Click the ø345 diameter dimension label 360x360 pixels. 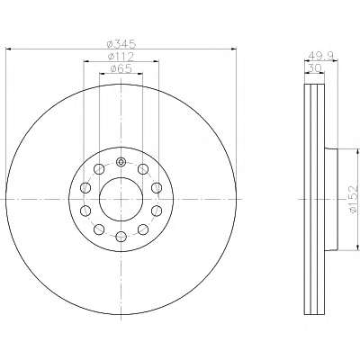121,44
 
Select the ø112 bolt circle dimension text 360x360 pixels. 121,57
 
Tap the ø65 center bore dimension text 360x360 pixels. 121,68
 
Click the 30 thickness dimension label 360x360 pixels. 314,68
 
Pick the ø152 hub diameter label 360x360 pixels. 354,199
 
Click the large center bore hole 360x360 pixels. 121,199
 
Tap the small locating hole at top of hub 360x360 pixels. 121,162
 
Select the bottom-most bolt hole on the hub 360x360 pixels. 121,236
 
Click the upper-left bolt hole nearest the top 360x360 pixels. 98,169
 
